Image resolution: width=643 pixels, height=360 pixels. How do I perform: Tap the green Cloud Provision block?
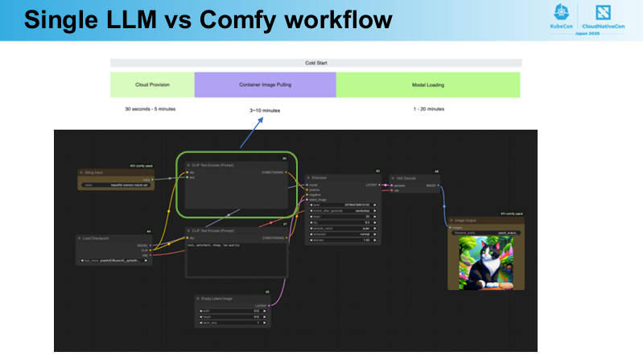click(152, 85)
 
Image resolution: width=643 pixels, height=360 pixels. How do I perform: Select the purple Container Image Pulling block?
click(265, 85)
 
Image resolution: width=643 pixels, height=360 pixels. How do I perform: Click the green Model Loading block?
click(427, 85)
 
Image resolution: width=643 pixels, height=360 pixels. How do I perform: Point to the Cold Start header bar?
click(315, 63)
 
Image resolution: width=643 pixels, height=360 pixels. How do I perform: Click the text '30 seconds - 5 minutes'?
click(150, 109)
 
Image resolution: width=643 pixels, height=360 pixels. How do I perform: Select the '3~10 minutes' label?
click(265, 110)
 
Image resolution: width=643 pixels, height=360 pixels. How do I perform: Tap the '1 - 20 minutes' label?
click(428, 109)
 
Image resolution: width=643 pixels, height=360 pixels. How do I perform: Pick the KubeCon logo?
click(561, 17)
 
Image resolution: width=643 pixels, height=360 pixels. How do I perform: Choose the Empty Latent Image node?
click(233, 309)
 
